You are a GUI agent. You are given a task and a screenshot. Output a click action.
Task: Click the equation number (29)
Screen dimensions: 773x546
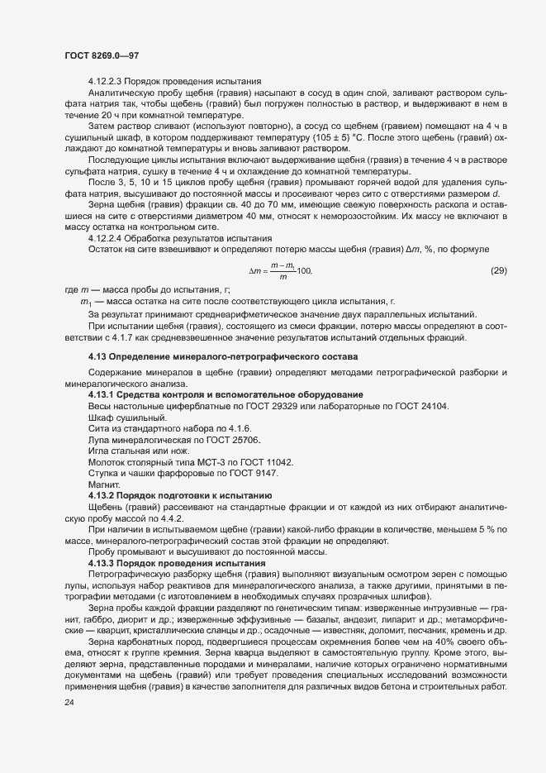pos(499,293)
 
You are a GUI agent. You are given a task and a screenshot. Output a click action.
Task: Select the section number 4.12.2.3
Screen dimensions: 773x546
pos(107,81)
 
